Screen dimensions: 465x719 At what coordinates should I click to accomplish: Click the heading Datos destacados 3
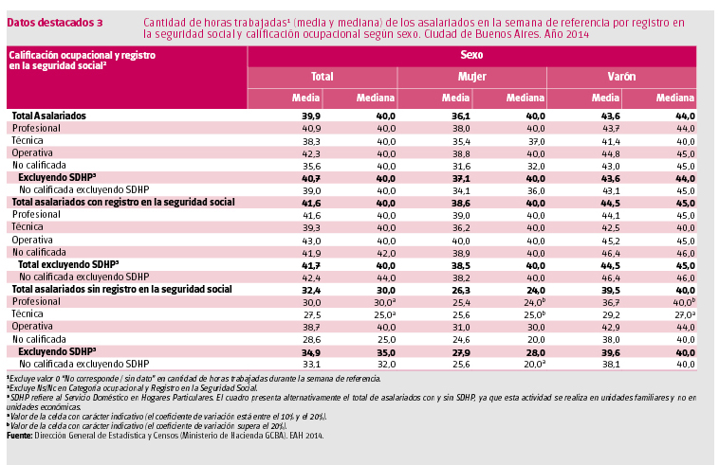pos(55,22)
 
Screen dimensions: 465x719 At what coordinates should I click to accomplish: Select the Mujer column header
pos(473,76)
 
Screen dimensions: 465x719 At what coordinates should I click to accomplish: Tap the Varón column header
pos(622,76)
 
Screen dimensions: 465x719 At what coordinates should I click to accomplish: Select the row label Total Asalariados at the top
pos(48,116)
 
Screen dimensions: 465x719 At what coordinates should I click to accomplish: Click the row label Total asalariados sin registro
pos(121,288)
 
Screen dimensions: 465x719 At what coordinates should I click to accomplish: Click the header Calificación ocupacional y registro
pos(81,55)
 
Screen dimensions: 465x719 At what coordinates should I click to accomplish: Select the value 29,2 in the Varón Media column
pos(608,313)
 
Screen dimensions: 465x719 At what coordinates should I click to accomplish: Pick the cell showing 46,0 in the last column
pos(685,252)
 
